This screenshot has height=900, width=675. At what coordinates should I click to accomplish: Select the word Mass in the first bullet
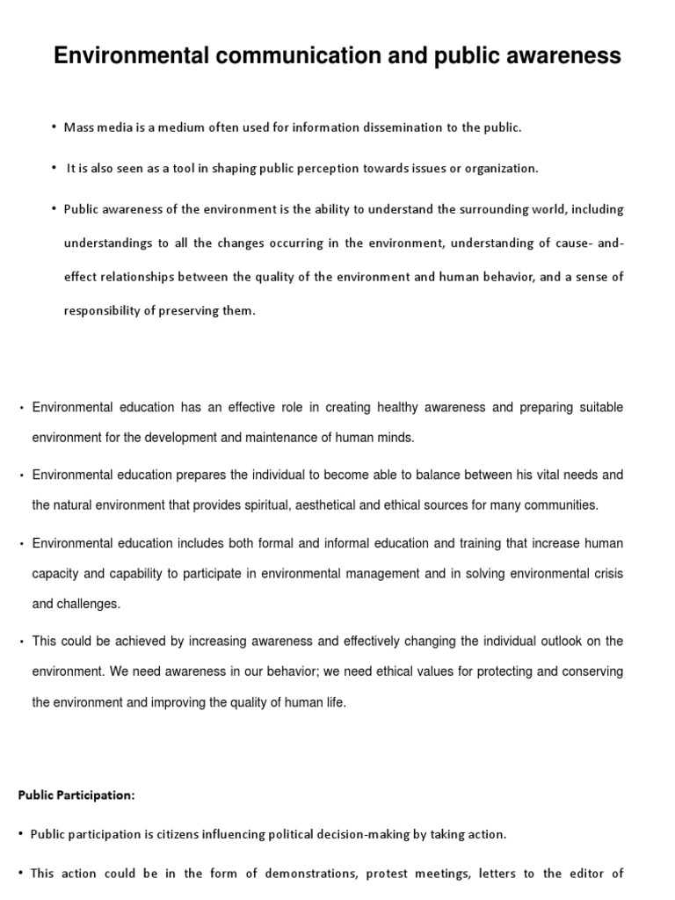click(78, 127)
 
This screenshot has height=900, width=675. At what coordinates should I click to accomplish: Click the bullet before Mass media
click(54, 127)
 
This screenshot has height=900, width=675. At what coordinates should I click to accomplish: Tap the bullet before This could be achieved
click(21, 642)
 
